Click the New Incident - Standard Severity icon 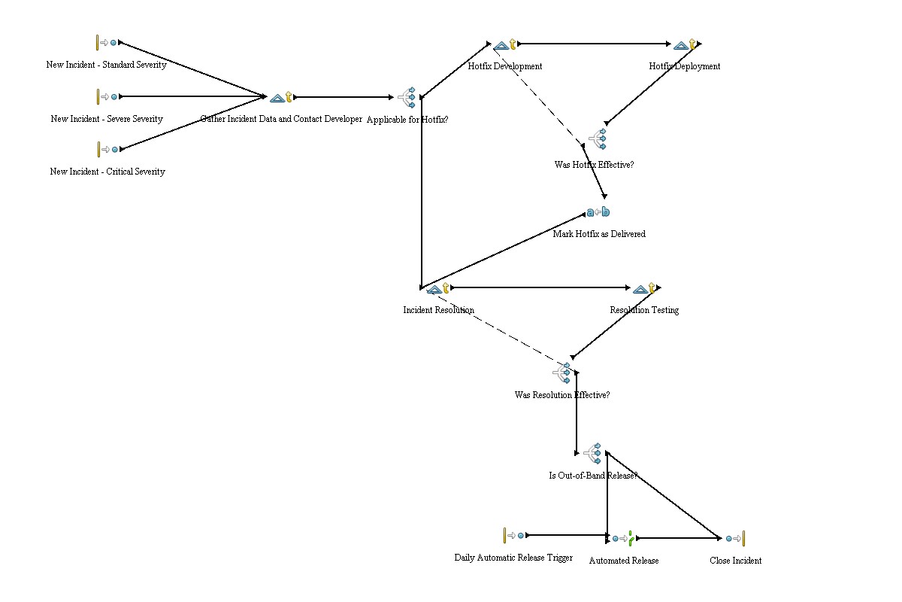(107, 43)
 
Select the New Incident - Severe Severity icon (107, 96)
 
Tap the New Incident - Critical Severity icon (107, 149)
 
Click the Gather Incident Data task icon (281, 97)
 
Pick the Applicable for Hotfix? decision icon (407, 98)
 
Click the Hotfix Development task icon (504, 45)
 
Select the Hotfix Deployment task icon (684, 45)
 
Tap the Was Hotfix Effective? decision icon (597, 138)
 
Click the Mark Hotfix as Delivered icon (598, 212)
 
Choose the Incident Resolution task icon (437, 288)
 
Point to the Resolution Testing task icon (644, 288)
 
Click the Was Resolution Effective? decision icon (562, 372)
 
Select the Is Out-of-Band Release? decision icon (593, 453)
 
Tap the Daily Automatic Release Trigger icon (514, 535)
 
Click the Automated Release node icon (623, 538)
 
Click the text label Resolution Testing (644, 310)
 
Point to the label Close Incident (735, 561)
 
